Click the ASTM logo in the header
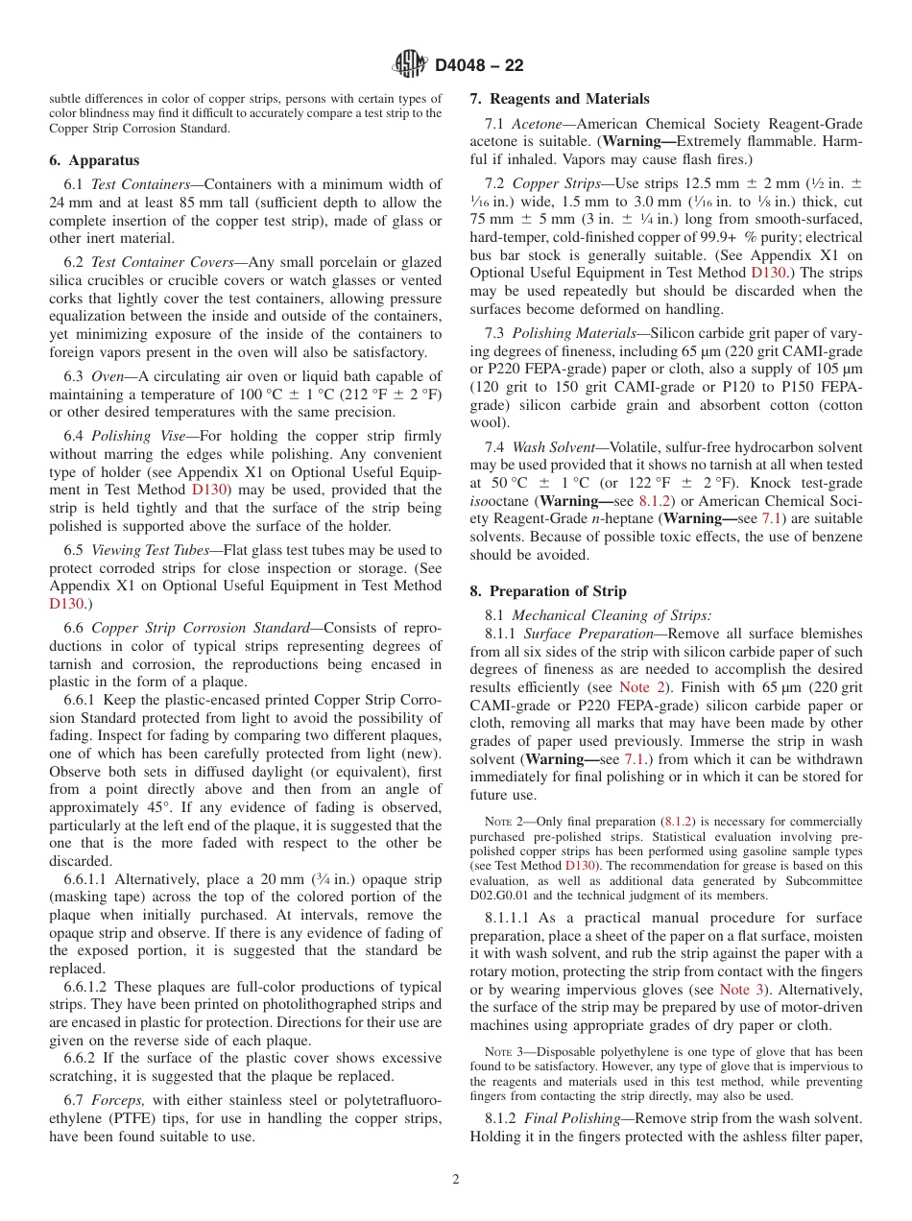pyautogui.click(x=410, y=64)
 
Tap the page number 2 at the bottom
pyautogui.click(x=456, y=1179)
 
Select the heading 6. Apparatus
pyautogui.click(x=94, y=160)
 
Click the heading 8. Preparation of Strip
pyautogui.click(x=547, y=590)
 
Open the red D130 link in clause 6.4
pyautogui.click(x=209, y=491)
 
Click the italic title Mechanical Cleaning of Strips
pyautogui.click(x=612, y=615)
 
